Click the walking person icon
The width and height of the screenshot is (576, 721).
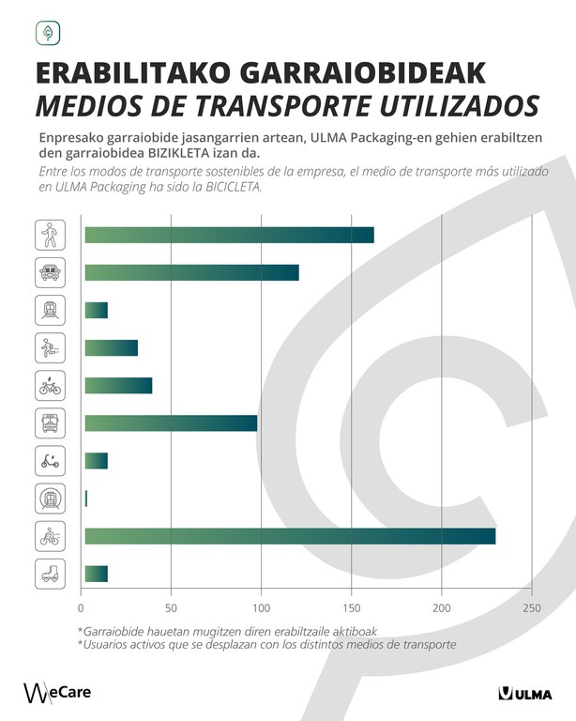[x=50, y=235]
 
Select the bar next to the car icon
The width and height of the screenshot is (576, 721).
[x=191, y=272]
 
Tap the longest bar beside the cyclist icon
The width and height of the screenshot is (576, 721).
[x=290, y=536]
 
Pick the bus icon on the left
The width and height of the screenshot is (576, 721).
[x=50, y=422]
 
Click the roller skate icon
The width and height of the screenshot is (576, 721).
[x=50, y=574]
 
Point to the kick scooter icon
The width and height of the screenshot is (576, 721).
[x=50, y=460]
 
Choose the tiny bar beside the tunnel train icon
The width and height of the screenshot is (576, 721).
[x=86, y=499]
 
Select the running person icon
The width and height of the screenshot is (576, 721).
[x=50, y=347]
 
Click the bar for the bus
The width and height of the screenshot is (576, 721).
[x=171, y=422]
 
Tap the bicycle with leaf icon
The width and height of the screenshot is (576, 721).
[x=50, y=385]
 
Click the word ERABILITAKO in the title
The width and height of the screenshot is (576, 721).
[x=132, y=73]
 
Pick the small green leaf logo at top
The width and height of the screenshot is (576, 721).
[x=47, y=34]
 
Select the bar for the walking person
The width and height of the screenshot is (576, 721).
[x=229, y=235]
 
